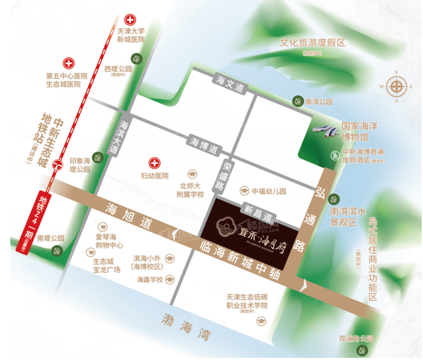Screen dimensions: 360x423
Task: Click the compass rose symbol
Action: [396, 87]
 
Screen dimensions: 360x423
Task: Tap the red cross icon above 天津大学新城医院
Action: [130, 19]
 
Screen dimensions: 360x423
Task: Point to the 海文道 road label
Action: [230, 84]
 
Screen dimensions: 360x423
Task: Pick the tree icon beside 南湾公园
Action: [297, 102]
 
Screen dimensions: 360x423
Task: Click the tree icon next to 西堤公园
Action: [137, 57]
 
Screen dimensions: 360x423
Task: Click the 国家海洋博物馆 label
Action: [360, 132]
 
